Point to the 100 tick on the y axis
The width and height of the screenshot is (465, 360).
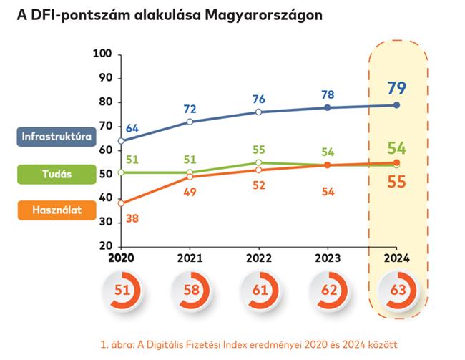[x=103, y=54]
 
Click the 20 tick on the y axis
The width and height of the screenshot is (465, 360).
[x=105, y=245]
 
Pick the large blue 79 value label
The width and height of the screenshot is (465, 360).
[x=396, y=89]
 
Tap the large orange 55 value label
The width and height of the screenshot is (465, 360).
[x=396, y=182]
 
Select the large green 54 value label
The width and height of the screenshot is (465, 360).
[x=396, y=149]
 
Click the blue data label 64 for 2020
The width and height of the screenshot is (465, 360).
[x=132, y=128]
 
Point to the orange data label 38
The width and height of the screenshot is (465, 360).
[x=132, y=218]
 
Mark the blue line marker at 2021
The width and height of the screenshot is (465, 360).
[x=190, y=122]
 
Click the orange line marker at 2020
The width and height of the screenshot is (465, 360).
[x=121, y=203]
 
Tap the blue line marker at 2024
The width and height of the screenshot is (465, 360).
[x=396, y=105]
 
